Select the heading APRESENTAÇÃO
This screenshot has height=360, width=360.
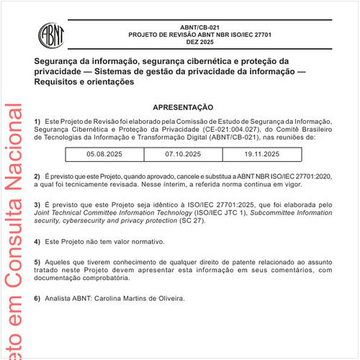click(183, 106)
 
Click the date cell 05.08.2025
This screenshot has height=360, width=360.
click(104, 154)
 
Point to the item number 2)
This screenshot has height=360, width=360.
click(37, 176)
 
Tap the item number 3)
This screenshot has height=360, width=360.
click(37, 204)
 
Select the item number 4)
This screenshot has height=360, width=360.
click(37, 241)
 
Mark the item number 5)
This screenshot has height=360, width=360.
click(37, 261)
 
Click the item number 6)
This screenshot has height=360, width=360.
click(37, 298)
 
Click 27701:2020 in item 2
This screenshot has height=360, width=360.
click(315, 176)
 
